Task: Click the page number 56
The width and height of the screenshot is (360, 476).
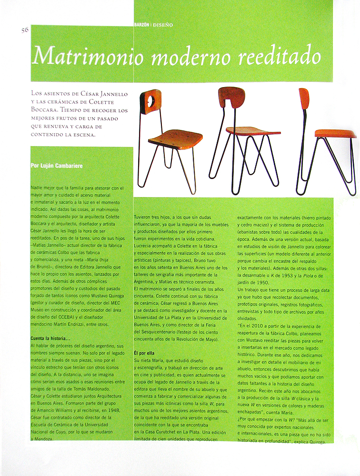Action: [26, 30]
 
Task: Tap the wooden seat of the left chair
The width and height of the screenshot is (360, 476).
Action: [175, 139]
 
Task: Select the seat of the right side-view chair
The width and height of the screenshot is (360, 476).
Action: [334, 133]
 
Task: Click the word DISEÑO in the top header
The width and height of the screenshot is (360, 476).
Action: [163, 24]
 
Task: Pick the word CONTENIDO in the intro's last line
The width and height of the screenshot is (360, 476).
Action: [48, 135]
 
